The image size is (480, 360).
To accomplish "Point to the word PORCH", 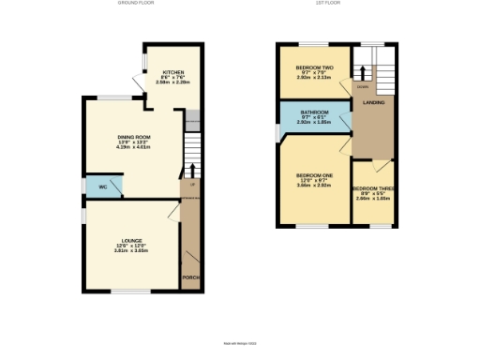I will click(190, 278).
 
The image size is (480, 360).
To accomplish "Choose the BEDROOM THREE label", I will click(374, 187).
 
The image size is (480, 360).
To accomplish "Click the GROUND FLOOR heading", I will click(135, 5).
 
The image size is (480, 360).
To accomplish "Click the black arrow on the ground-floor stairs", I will click(192, 171).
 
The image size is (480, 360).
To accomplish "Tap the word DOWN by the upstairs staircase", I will click(361, 87).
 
